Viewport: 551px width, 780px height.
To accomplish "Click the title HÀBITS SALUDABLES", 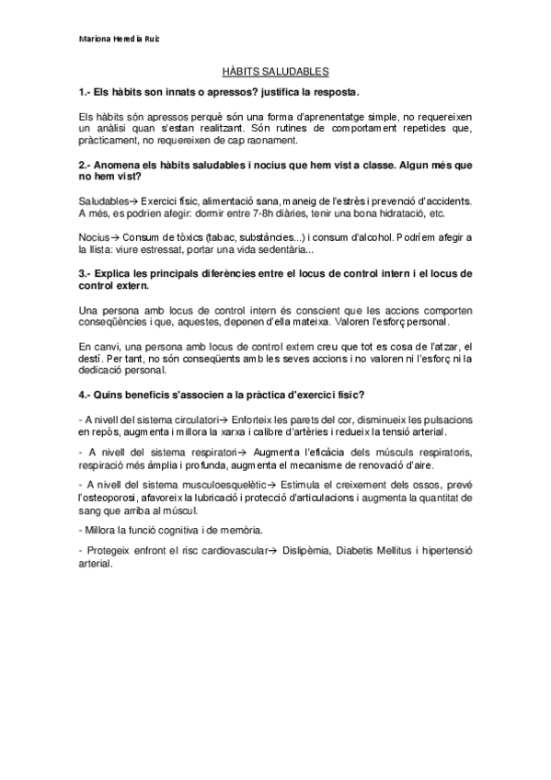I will click(276, 72).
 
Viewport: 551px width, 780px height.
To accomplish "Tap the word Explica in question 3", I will click(118, 273).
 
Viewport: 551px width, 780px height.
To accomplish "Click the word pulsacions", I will click(443, 419).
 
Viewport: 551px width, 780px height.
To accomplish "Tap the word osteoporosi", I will click(114, 498).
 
